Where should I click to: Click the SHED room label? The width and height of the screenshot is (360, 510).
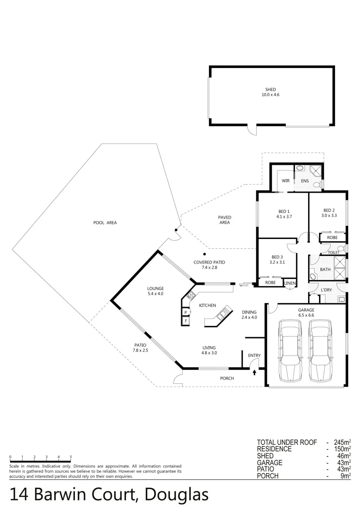[x=270, y=89]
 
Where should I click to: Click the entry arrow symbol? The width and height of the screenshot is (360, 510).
[x=255, y=373]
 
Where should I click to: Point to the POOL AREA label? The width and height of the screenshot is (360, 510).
[x=105, y=222]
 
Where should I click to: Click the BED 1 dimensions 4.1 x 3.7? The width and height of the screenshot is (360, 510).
[x=285, y=217]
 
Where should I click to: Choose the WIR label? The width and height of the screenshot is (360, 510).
[x=285, y=181]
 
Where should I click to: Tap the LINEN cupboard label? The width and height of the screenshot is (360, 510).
[x=290, y=283]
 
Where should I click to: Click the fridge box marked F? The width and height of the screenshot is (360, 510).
[x=186, y=321]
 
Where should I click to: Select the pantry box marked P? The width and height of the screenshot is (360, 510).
[x=186, y=312]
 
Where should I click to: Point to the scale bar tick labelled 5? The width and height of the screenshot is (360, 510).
[x=71, y=457]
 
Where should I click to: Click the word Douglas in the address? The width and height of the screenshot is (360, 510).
[x=176, y=494]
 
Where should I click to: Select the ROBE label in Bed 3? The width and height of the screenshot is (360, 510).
[x=270, y=282]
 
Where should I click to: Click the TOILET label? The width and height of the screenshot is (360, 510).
[x=333, y=253]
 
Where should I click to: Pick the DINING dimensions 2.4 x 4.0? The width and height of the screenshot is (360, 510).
[x=249, y=317]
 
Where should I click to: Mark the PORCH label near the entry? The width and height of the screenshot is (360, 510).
[x=227, y=378]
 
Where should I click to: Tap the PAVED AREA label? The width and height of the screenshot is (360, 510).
[x=224, y=220]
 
